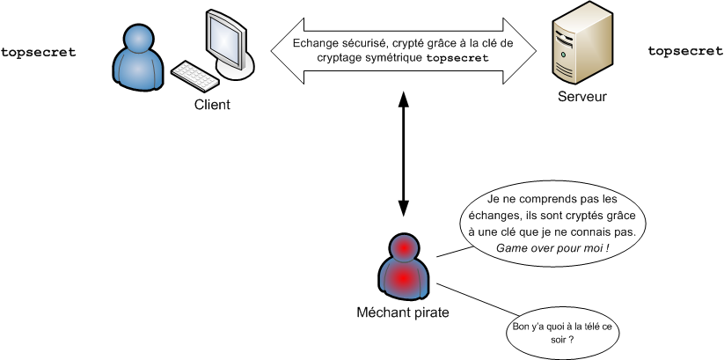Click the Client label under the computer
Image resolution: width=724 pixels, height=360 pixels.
point(212,105)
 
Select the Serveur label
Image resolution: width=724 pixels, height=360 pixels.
point(582,96)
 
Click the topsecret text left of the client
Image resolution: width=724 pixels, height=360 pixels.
point(38,52)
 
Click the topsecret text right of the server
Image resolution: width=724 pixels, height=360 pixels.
point(685,52)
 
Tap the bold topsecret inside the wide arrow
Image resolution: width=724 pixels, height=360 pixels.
point(457,57)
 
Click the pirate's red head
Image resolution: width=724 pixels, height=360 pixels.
point(404,247)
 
